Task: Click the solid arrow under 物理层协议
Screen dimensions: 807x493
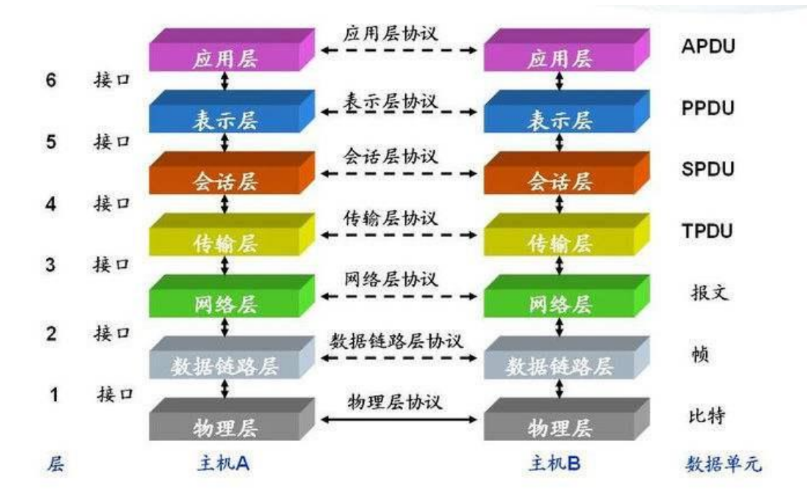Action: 400,419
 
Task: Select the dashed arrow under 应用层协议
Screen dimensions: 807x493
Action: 400,51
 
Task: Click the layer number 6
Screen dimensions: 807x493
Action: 51,80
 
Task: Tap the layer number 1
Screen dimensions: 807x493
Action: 53,395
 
